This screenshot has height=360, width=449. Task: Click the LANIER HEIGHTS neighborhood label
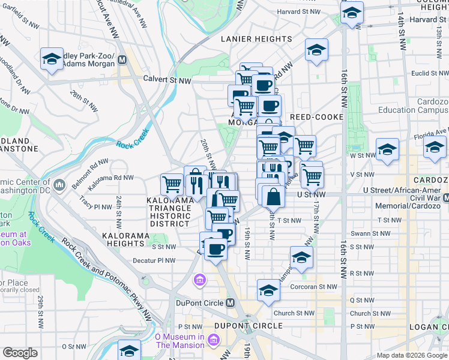coord(256,39)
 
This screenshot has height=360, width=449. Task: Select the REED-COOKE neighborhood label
coord(316,117)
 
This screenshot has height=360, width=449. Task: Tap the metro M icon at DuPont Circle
coord(231,303)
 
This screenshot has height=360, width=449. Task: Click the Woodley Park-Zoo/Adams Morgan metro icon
coord(122,59)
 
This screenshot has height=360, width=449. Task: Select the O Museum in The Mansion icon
coord(213,341)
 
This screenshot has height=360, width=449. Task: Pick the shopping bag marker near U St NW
coord(273,196)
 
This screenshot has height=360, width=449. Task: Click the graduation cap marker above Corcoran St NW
coord(268,290)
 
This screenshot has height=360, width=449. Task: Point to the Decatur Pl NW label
coord(155,261)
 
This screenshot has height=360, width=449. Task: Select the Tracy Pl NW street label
coord(95,206)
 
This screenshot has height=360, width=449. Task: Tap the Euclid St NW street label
coord(429,73)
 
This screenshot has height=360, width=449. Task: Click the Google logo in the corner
coord(20,353)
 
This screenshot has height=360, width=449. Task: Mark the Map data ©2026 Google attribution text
coord(412,355)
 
